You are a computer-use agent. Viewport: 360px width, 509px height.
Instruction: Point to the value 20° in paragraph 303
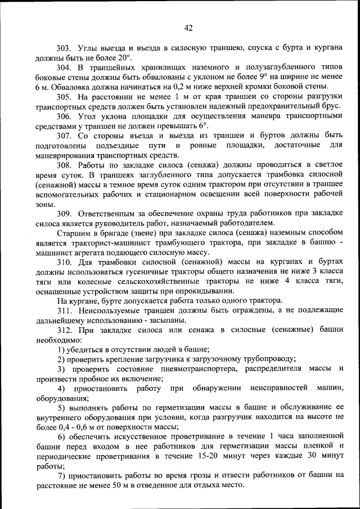click(x=124, y=58)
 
